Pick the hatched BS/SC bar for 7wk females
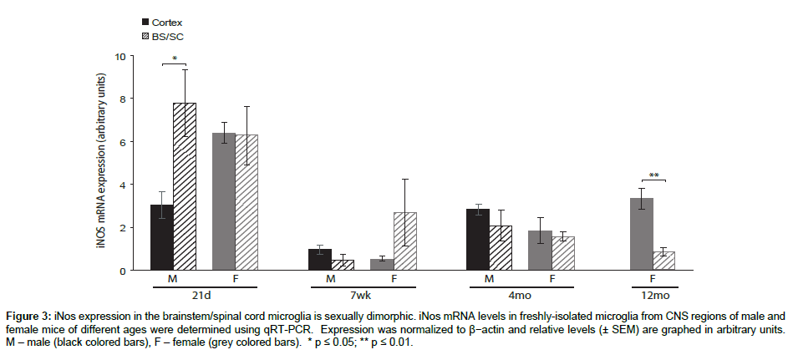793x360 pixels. tap(404, 241)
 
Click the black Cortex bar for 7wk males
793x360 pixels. tap(320, 260)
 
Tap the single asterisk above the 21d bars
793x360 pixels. tap(175, 58)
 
